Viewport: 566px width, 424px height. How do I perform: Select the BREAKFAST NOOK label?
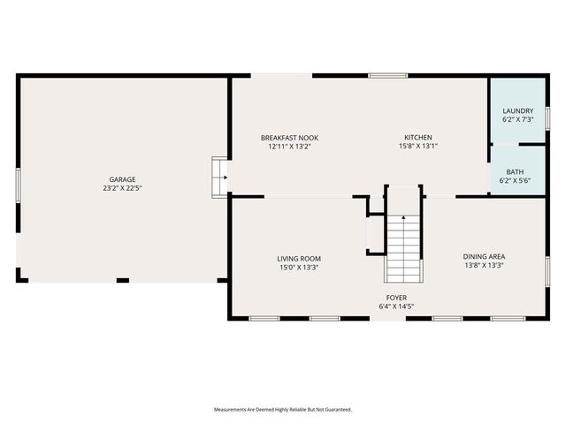[x=289, y=138]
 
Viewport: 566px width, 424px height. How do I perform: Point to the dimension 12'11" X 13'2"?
[x=289, y=147]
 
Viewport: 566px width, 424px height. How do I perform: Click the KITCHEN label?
[x=418, y=138]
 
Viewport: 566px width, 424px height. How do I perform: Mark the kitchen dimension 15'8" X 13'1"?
[x=418, y=147]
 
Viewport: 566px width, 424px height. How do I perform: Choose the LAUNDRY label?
[x=518, y=110]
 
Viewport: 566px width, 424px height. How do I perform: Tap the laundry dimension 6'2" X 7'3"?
[x=518, y=119]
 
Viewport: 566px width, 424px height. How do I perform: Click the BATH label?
[x=515, y=171]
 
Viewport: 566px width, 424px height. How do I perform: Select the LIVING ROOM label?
[x=298, y=258]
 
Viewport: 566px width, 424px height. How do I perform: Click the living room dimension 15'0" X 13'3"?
[x=298, y=267]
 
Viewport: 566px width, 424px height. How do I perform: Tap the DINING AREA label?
[x=484, y=256]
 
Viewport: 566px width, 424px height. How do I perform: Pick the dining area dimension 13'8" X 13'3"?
[x=484, y=265]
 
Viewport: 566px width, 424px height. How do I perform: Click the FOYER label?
[x=395, y=298]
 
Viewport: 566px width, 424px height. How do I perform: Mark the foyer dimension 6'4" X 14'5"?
[x=395, y=307]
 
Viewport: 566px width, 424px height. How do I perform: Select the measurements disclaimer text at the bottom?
[x=283, y=410]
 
